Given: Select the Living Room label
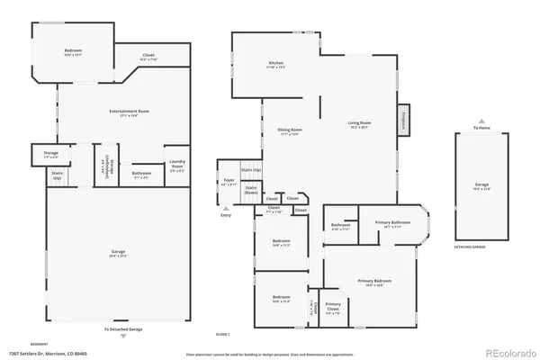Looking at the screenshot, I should [x=360, y=124].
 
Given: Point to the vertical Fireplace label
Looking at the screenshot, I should [x=404, y=118].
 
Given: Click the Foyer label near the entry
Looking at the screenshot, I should [x=229, y=183].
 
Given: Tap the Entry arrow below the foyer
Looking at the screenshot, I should [x=225, y=211].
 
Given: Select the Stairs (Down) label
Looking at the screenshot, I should [x=251, y=190].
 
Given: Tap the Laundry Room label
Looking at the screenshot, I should [x=177, y=166].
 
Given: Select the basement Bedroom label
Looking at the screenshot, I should [x=73, y=52].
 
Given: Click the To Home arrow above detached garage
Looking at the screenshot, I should [x=483, y=123].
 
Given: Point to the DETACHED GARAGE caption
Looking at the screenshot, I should [x=471, y=246].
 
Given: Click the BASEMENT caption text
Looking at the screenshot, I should [x=40, y=344].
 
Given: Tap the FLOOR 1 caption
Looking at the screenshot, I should [x=222, y=335].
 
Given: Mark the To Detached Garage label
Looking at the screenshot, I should [x=122, y=329].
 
